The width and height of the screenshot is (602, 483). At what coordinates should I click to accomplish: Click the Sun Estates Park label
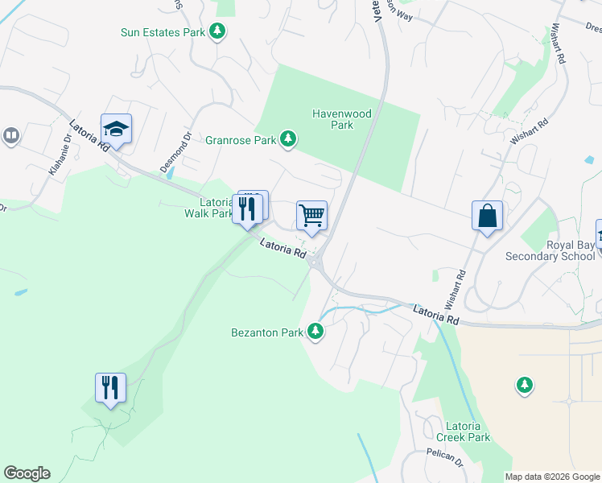point(163,32)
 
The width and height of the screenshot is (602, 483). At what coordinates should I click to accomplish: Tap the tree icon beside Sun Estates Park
point(216,31)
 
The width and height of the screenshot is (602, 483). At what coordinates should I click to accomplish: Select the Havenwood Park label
point(342,119)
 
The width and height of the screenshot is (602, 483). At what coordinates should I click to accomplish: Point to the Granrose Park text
point(240,140)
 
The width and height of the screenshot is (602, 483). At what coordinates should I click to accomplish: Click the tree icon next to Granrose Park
point(287,140)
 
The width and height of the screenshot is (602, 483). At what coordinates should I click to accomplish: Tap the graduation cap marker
point(116,129)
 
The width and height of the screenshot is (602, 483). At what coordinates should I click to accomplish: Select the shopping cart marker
point(311,216)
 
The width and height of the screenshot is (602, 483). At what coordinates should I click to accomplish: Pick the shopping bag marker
point(487,216)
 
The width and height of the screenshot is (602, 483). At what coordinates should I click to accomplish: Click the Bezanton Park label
point(266,332)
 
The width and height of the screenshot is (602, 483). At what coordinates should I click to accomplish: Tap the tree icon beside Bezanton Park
point(315,331)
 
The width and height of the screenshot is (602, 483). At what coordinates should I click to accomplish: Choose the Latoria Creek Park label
point(463,431)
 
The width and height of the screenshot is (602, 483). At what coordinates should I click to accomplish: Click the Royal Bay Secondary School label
point(550,250)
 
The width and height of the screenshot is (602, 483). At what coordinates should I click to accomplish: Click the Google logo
point(27,473)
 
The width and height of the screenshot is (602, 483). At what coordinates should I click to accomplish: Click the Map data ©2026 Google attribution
point(552,477)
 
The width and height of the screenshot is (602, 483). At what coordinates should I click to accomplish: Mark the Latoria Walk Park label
point(208,208)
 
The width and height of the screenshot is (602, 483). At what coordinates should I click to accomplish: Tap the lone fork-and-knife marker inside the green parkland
point(110,388)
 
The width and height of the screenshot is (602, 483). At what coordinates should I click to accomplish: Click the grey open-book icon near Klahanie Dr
point(11,135)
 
